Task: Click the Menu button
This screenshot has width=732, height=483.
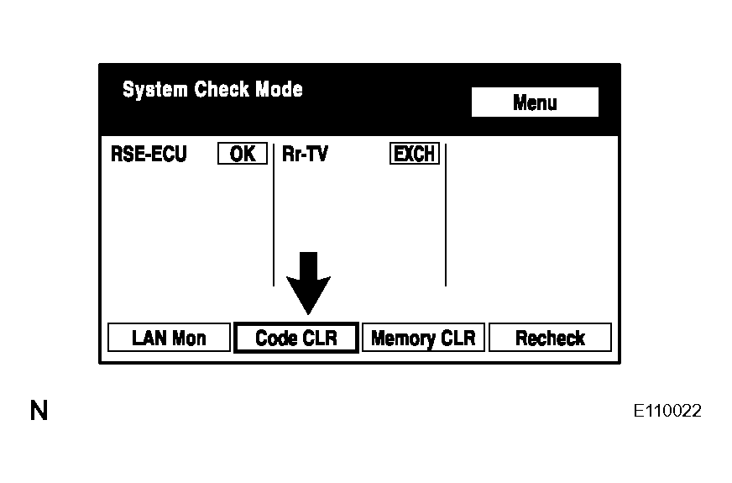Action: (535, 102)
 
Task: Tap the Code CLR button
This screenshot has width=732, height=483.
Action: (296, 338)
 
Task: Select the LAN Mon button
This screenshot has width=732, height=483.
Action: (169, 337)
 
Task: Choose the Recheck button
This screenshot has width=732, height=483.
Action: (550, 337)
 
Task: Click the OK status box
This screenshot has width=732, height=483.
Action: (243, 153)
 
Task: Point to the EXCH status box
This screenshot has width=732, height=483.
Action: (415, 153)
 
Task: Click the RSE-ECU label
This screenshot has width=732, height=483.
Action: (149, 154)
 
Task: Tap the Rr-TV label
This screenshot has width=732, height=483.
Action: (305, 154)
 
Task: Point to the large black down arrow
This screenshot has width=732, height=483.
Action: (308, 283)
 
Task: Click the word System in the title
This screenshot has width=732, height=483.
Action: (155, 89)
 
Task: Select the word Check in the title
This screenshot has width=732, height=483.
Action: (222, 89)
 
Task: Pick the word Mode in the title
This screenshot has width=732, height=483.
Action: (280, 89)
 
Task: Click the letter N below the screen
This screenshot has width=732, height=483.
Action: (39, 411)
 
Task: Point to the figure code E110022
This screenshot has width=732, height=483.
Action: (667, 411)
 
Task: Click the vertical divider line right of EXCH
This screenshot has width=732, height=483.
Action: (446, 215)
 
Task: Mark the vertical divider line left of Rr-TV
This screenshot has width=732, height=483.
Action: (274, 215)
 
